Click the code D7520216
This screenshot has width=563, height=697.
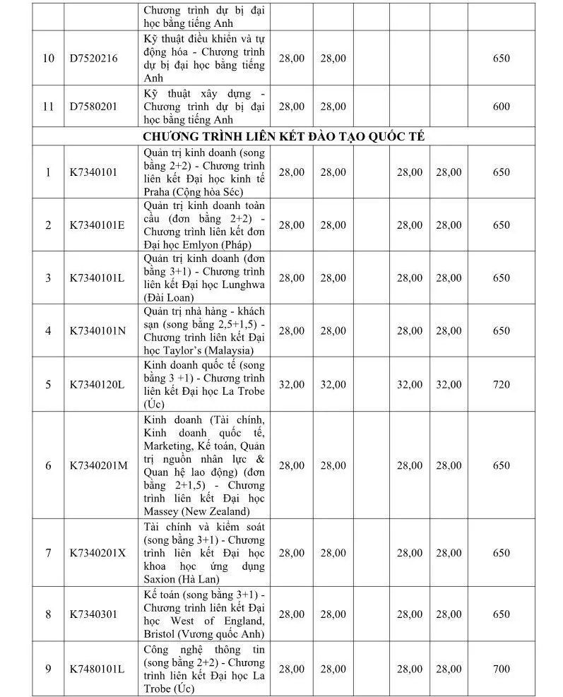pyautogui.click(x=93, y=59)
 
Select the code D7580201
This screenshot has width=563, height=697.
pyautogui.click(x=93, y=107)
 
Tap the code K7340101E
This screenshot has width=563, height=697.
pyautogui.click(x=97, y=225)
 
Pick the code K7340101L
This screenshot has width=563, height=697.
pyautogui.click(x=97, y=278)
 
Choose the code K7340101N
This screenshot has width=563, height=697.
pyautogui.click(x=97, y=330)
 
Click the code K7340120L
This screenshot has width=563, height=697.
pyautogui.click(x=97, y=385)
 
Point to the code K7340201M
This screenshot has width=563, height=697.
pyautogui.click(x=98, y=465)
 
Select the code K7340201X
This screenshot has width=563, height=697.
pyautogui.click(x=97, y=553)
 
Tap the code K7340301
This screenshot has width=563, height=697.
pyautogui.click(x=93, y=614)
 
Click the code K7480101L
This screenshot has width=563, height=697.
pyautogui.click(x=97, y=669)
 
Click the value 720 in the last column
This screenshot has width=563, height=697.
pyautogui.click(x=501, y=385)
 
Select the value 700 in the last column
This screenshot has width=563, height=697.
pyautogui.click(x=501, y=669)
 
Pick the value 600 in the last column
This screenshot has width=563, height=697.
pyautogui.click(x=501, y=107)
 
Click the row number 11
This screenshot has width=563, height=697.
pyautogui.click(x=48, y=107)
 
